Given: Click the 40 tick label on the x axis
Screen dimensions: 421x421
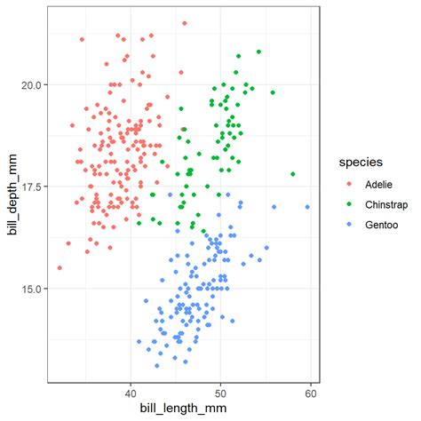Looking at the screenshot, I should click(x=131, y=390).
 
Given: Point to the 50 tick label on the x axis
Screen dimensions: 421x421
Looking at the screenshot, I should click(x=221, y=390).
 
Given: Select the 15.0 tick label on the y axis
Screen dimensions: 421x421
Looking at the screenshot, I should click(x=31, y=289).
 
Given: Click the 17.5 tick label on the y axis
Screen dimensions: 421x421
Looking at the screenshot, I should click(x=31, y=187).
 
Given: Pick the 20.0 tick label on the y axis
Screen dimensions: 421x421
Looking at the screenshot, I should click(x=31, y=84).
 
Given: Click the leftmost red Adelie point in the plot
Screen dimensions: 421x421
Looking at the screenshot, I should click(x=60, y=267).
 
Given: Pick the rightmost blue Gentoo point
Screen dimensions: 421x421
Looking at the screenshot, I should click(x=307, y=207).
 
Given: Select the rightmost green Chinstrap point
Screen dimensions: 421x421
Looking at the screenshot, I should click(x=293, y=174).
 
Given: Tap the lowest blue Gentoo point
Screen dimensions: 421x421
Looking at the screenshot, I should click(x=157, y=365).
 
